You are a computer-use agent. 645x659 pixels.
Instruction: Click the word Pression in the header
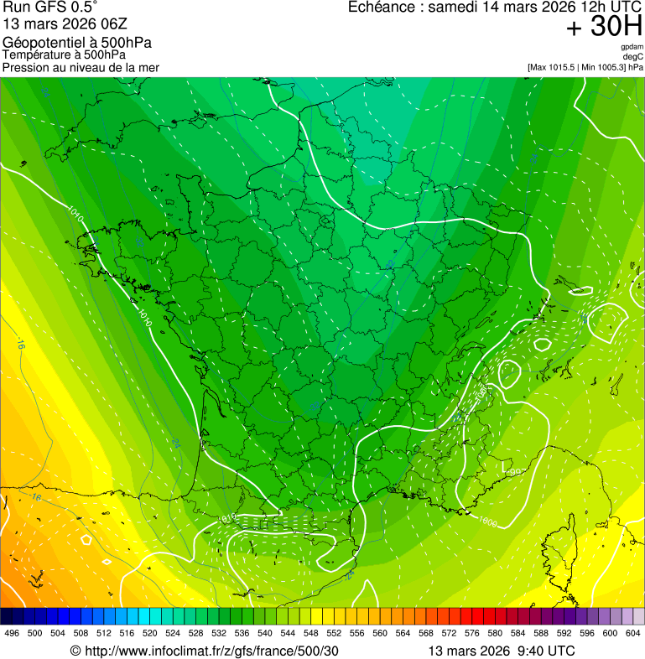(x=26, y=67)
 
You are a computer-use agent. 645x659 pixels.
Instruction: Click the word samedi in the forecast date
(x=454, y=8)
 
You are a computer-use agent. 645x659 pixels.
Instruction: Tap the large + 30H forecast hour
(x=604, y=28)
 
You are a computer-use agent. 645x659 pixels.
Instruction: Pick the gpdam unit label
(x=632, y=47)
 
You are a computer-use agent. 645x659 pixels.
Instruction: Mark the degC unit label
(x=633, y=56)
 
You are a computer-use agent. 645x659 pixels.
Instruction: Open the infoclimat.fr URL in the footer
(x=210, y=651)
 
